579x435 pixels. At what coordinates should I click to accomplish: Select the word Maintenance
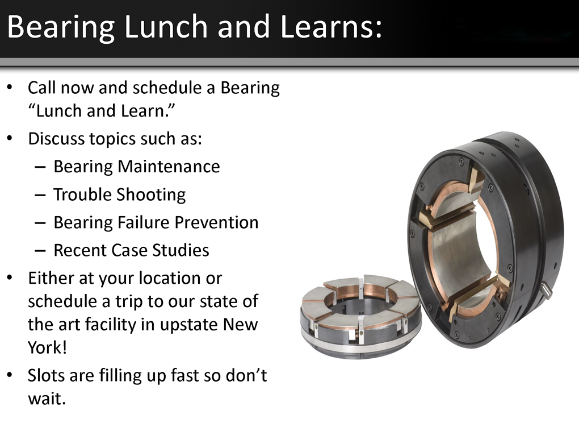[x=169, y=167]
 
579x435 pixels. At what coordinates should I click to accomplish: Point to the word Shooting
[x=151, y=195]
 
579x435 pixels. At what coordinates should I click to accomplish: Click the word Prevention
[x=216, y=222]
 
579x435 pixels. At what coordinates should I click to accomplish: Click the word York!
[x=47, y=347]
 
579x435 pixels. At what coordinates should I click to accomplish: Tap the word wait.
[x=47, y=399]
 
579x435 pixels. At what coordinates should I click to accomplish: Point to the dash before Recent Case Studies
[x=40, y=250]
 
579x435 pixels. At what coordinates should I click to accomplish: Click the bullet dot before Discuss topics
[x=10, y=139]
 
